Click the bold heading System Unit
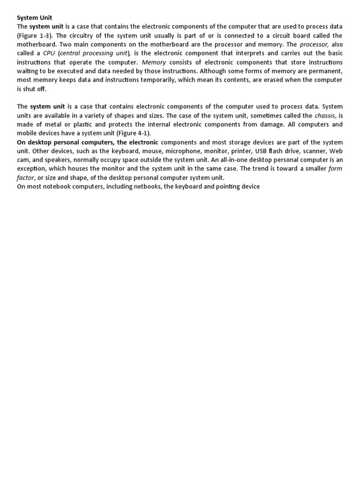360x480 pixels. click(35, 18)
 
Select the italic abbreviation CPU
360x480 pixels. click(49, 53)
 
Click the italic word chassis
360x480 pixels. click(324, 115)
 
